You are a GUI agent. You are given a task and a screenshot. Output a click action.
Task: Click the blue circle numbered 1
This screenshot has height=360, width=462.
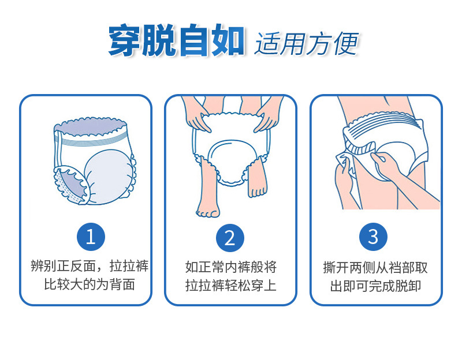click(x=91, y=237)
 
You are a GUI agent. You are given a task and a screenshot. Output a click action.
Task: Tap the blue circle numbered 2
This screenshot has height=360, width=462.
click(x=230, y=238)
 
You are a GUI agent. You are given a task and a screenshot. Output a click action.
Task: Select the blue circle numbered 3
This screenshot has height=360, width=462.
click(x=373, y=237)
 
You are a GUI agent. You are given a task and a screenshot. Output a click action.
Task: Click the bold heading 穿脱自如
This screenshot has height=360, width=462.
click(x=176, y=40)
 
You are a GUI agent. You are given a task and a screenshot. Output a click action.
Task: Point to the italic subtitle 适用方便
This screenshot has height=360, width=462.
click(x=307, y=44)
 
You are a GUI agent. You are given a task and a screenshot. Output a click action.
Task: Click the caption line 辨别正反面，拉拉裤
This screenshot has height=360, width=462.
click(x=90, y=266)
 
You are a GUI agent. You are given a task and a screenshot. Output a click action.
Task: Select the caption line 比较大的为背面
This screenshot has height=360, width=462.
click(x=90, y=284)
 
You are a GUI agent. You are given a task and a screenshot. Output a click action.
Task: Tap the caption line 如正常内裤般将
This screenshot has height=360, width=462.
click(x=230, y=267)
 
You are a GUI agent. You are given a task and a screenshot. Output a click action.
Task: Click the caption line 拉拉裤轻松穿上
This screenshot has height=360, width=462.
click(x=230, y=286)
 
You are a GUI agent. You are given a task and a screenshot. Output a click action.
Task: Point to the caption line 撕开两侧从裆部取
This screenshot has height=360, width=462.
click(x=375, y=268)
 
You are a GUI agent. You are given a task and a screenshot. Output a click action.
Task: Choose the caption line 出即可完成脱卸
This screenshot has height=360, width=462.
click(x=375, y=286)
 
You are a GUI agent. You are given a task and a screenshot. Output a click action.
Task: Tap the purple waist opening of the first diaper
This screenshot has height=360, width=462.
click(x=91, y=126)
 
